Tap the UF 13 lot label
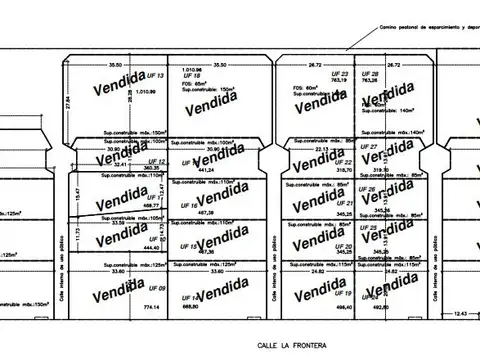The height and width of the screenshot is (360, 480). pos(155,76)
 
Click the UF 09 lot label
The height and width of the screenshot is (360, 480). pos(155,288)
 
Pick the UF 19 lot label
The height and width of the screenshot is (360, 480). pos(347,292)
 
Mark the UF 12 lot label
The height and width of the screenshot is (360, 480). pos(155,161)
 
